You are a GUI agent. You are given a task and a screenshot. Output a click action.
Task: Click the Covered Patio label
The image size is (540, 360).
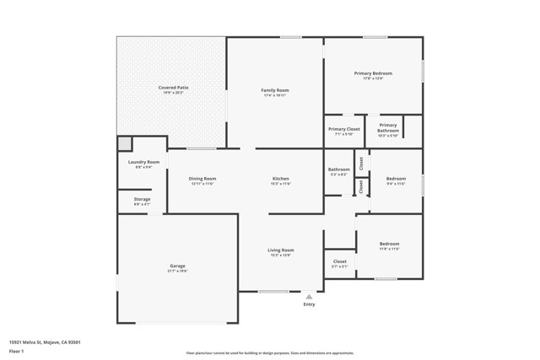[171, 88]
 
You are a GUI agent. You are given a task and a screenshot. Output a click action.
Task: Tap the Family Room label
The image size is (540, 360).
[274, 90]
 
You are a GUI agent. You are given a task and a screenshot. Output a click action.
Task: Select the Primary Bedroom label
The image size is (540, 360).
[372, 74]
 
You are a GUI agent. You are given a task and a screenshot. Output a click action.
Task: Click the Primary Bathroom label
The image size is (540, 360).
[387, 128]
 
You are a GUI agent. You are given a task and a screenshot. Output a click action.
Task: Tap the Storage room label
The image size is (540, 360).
[142, 200]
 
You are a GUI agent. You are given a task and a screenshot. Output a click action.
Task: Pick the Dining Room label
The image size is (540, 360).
[202, 179]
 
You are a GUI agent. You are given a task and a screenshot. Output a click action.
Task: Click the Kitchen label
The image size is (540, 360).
[280, 179]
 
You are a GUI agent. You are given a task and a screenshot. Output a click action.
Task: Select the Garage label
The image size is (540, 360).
[177, 266]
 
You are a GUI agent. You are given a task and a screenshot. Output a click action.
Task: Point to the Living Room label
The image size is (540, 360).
[280, 250]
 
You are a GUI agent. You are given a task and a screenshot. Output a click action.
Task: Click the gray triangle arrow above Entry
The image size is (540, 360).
[310, 296]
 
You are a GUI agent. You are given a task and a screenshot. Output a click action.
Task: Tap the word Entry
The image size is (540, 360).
[310, 304]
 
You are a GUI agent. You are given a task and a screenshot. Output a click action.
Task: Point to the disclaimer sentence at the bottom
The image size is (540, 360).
[270, 353]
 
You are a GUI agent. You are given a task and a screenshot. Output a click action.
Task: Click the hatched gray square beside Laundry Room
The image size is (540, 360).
[124, 143]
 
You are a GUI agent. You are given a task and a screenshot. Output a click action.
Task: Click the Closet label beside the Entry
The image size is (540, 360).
[339, 261]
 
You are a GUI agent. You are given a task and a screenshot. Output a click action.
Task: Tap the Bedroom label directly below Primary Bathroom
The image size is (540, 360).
[396, 179]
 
